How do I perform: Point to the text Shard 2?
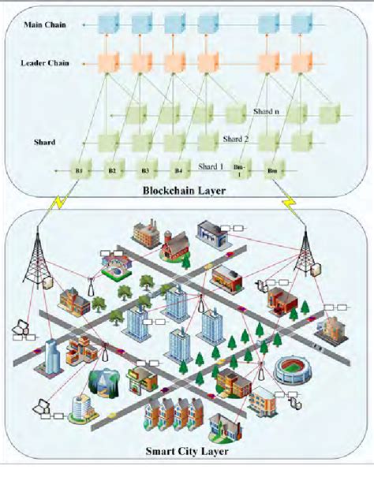tap(236, 139)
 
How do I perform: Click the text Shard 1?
tap(211, 166)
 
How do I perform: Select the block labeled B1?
tap(79, 169)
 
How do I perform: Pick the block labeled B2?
tap(112, 169)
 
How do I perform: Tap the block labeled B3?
tap(145, 169)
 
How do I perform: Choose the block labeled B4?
tap(178, 169)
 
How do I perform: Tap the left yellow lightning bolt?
tap(57, 204)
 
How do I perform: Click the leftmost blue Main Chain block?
tap(107, 24)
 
